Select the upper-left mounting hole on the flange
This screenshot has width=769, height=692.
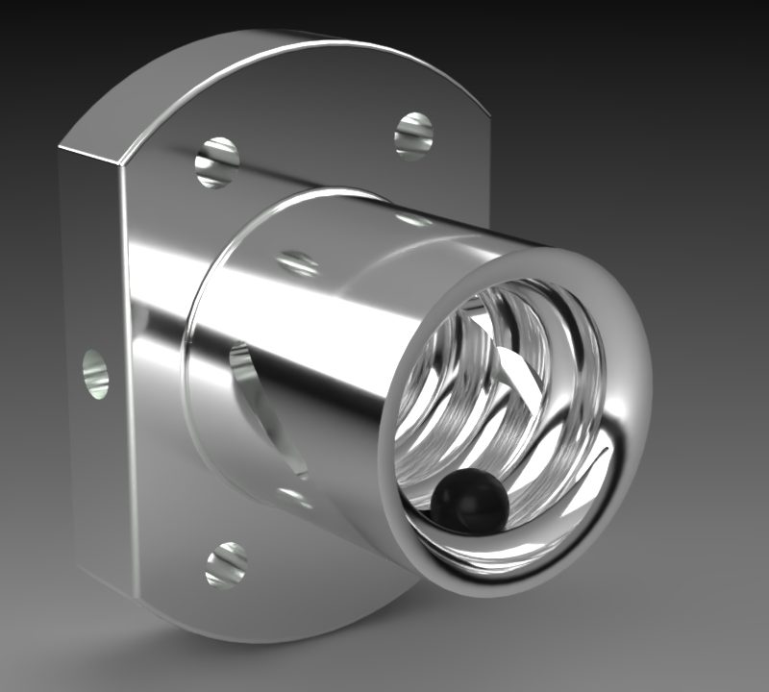[x=217, y=161]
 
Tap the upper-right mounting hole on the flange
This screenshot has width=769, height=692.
[x=414, y=135]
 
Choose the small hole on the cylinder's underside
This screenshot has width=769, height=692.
[x=293, y=497]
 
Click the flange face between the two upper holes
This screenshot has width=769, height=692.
[x=317, y=144]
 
